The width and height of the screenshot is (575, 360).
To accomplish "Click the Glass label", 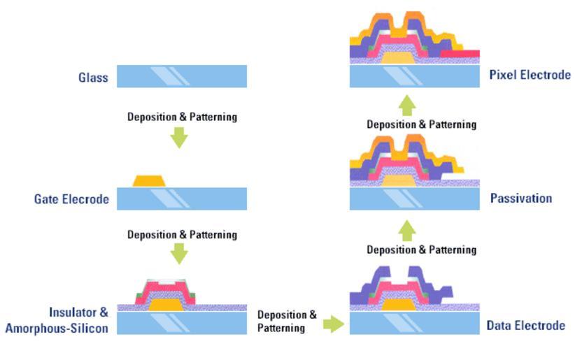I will [x=93, y=78].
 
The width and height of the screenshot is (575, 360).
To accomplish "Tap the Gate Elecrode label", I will [x=71, y=199].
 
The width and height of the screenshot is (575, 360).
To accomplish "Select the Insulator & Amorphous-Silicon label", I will [x=57, y=320].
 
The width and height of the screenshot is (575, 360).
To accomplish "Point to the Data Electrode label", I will [x=525, y=325].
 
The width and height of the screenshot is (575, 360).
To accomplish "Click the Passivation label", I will [x=521, y=199].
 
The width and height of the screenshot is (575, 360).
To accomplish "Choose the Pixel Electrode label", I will [x=530, y=75].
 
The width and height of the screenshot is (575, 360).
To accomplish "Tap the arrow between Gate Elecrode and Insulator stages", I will [x=179, y=253].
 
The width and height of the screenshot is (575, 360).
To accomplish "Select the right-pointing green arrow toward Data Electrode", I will [x=334, y=324].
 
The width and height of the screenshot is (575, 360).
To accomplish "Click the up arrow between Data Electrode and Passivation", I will [x=408, y=230].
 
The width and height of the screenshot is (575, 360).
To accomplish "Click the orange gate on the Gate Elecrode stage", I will [x=148, y=181].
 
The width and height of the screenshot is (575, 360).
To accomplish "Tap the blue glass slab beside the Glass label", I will [x=182, y=76].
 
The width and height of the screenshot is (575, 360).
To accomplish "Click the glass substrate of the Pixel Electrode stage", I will [x=414, y=76].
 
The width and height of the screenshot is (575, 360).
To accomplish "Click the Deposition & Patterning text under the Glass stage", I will [x=182, y=117].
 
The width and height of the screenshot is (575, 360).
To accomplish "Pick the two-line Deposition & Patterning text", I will [x=287, y=322].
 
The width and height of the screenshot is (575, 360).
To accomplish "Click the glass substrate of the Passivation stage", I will [x=414, y=199].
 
